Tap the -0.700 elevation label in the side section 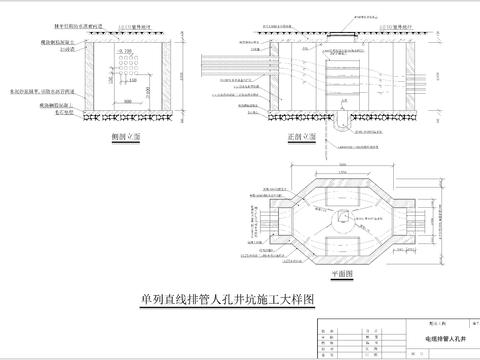(124, 47)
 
